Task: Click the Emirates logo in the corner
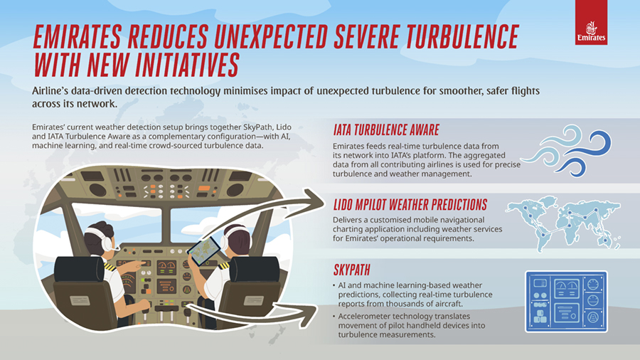point(592,26)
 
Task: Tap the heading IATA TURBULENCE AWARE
point(386,130)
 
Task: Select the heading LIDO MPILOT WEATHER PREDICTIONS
point(410,205)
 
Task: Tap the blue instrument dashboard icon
point(565,301)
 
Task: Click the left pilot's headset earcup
point(107,243)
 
